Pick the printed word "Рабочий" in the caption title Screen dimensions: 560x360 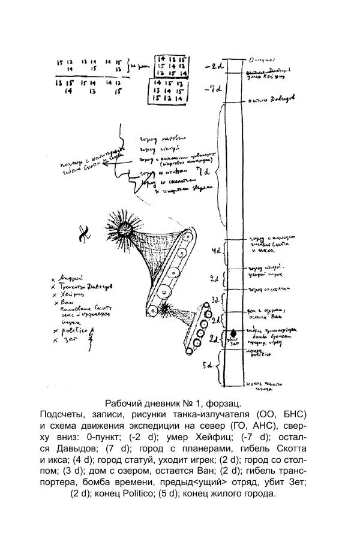click(123, 402)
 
